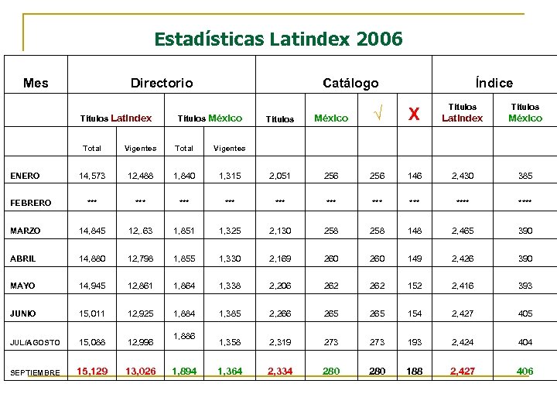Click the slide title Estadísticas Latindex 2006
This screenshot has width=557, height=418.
click(x=278, y=38)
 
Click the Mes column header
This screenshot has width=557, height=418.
click(x=36, y=83)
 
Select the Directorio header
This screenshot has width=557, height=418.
click(x=162, y=83)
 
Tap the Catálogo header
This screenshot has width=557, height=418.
click(x=350, y=83)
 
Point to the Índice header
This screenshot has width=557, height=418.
click(x=494, y=83)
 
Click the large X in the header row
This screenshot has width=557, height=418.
click(x=415, y=115)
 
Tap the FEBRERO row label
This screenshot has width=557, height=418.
click(x=31, y=203)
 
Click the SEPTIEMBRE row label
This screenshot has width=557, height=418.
click(x=35, y=372)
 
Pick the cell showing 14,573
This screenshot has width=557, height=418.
click(x=92, y=176)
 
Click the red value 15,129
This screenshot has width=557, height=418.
click(x=92, y=372)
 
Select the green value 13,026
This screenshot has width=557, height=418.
click(x=140, y=372)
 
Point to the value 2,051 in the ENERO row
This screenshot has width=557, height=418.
click(x=279, y=176)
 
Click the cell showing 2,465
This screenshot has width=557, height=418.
click(x=462, y=231)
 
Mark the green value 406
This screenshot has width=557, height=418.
click(x=525, y=372)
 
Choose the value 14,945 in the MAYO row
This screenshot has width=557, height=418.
click(x=92, y=286)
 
